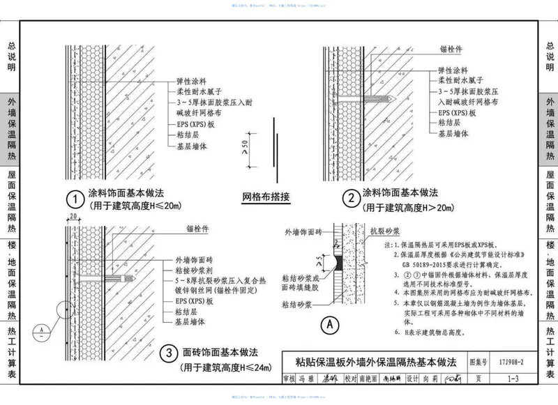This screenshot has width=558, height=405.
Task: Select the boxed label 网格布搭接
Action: click(266, 196)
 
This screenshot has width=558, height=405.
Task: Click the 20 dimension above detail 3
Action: click(73, 217)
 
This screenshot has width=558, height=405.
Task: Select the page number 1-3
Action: click(513, 379)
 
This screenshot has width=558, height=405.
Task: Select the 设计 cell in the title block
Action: click(410, 379)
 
